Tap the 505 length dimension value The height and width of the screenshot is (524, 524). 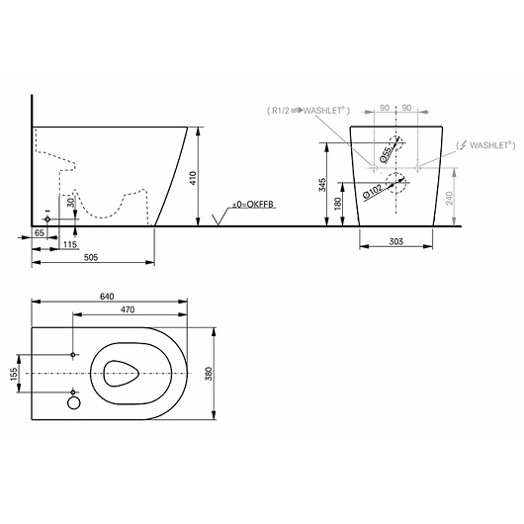click(x=91, y=257)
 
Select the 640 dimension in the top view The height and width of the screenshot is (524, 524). click(x=107, y=296)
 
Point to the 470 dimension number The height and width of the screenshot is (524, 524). click(x=128, y=309)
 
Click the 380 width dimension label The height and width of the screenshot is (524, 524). click(x=209, y=374)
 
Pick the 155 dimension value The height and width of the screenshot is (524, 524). click(x=14, y=374)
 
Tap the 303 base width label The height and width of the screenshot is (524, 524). click(x=396, y=241)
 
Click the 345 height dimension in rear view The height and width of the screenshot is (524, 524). click(x=322, y=185)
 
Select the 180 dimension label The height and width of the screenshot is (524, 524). click(x=337, y=204)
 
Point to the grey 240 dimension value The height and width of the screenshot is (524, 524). click(x=449, y=198)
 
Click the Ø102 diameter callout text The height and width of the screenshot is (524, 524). click(x=373, y=192)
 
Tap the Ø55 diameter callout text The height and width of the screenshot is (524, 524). click(x=386, y=154)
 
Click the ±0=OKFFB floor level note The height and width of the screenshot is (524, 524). click(x=253, y=205)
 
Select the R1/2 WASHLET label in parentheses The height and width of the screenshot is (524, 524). click(x=308, y=111)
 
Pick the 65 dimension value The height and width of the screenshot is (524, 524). click(x=40, y=232)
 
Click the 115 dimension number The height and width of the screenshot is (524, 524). click(x=70, y=244)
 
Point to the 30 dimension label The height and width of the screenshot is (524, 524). click(x=70, y=203)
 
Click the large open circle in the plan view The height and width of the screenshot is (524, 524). click(x=74, y=402)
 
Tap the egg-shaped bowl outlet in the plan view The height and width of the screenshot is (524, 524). click(x=121, y=374)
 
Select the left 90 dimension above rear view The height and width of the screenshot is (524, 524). click(x=385, y=108)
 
